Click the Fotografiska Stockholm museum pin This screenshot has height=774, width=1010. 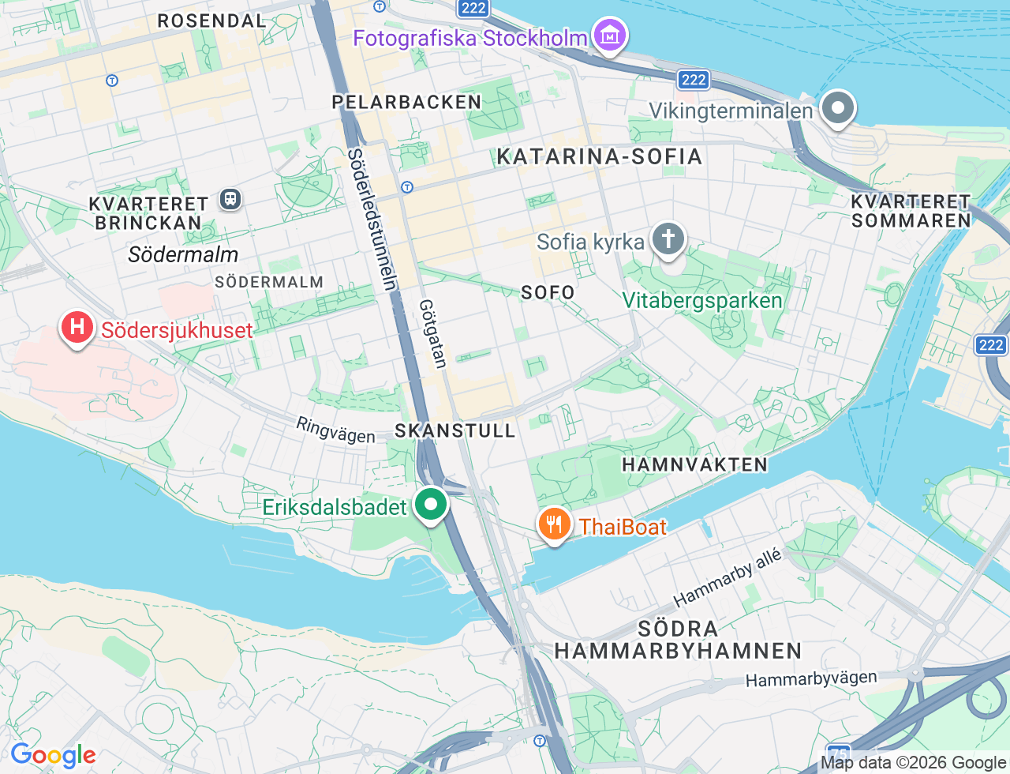(610, 36)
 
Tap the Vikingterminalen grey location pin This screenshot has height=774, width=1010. (837, 107)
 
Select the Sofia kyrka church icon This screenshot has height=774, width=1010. (668, 239)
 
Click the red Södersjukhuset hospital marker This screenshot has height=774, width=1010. (77, 327)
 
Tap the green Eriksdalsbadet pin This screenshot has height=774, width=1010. (430, 504)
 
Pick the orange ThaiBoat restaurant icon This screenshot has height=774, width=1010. (555, 524)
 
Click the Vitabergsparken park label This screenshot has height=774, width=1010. (701, 300)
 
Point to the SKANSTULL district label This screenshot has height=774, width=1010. (455, 430)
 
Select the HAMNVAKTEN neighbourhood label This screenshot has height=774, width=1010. (694, 464)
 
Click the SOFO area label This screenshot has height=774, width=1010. (548, 292)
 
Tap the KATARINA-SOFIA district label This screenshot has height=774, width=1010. (599, 156)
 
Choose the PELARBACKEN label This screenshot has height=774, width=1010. (406, 102)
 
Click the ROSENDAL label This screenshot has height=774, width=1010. (211, 21)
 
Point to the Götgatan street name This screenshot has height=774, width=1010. (432, 333)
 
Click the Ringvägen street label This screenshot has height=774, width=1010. (335, 430)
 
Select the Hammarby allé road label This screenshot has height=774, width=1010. (727, 577)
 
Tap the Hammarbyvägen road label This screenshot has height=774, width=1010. (810, 678)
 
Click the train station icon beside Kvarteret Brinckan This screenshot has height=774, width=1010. (230, 198)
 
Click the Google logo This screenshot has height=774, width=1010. (53, 756)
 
